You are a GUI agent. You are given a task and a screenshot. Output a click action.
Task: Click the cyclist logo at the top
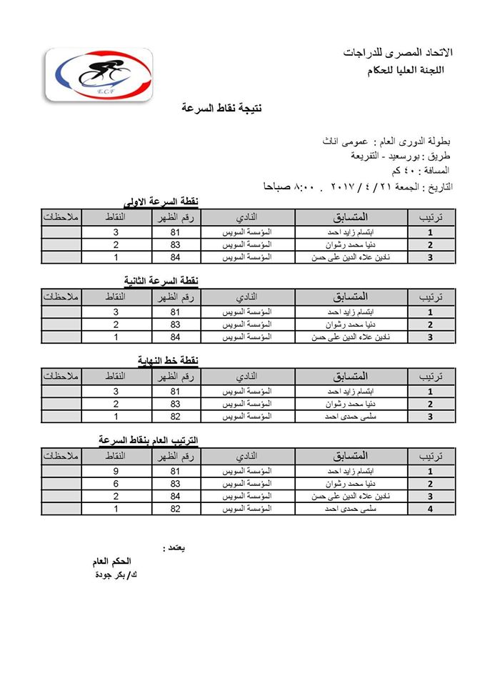[99, 74]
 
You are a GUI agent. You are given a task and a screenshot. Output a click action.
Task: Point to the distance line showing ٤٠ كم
[421, 171]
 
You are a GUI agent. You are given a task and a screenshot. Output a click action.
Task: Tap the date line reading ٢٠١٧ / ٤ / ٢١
[357, 187]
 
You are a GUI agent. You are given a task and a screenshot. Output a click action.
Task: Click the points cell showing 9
[116, 472]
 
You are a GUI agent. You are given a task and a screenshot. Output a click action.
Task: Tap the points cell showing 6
[116, 484]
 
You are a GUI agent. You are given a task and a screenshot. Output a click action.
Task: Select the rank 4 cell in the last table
[430, 509]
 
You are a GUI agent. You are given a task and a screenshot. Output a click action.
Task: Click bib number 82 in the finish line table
[175, 416]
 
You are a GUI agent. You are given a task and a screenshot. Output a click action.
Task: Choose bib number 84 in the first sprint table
[175, 257]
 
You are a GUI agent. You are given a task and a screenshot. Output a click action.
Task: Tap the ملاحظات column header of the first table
[61, 216]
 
